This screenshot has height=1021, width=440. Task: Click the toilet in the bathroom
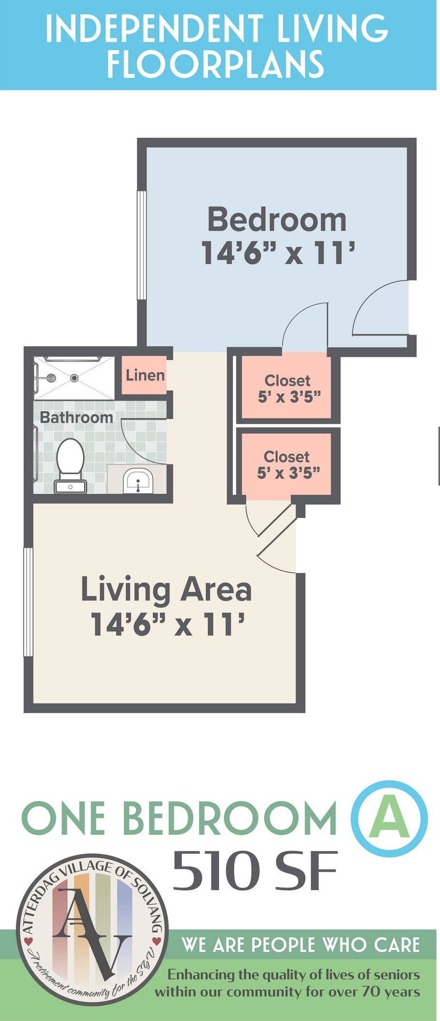point(71,465)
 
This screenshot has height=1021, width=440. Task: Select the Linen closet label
point(145,375)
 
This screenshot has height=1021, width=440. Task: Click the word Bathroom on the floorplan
point(76,417)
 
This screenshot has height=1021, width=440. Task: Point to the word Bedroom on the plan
point(277,219)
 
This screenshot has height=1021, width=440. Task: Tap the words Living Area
point(166,590)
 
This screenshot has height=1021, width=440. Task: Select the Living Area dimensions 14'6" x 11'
point(166,624)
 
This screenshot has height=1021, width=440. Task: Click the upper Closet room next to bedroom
point(286,388)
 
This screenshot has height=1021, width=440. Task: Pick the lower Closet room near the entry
point(286,464)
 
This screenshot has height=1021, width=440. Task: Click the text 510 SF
point(255,872)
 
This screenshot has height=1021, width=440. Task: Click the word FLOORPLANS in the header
point(215,64)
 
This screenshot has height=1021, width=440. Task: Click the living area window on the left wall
point(28,602)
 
